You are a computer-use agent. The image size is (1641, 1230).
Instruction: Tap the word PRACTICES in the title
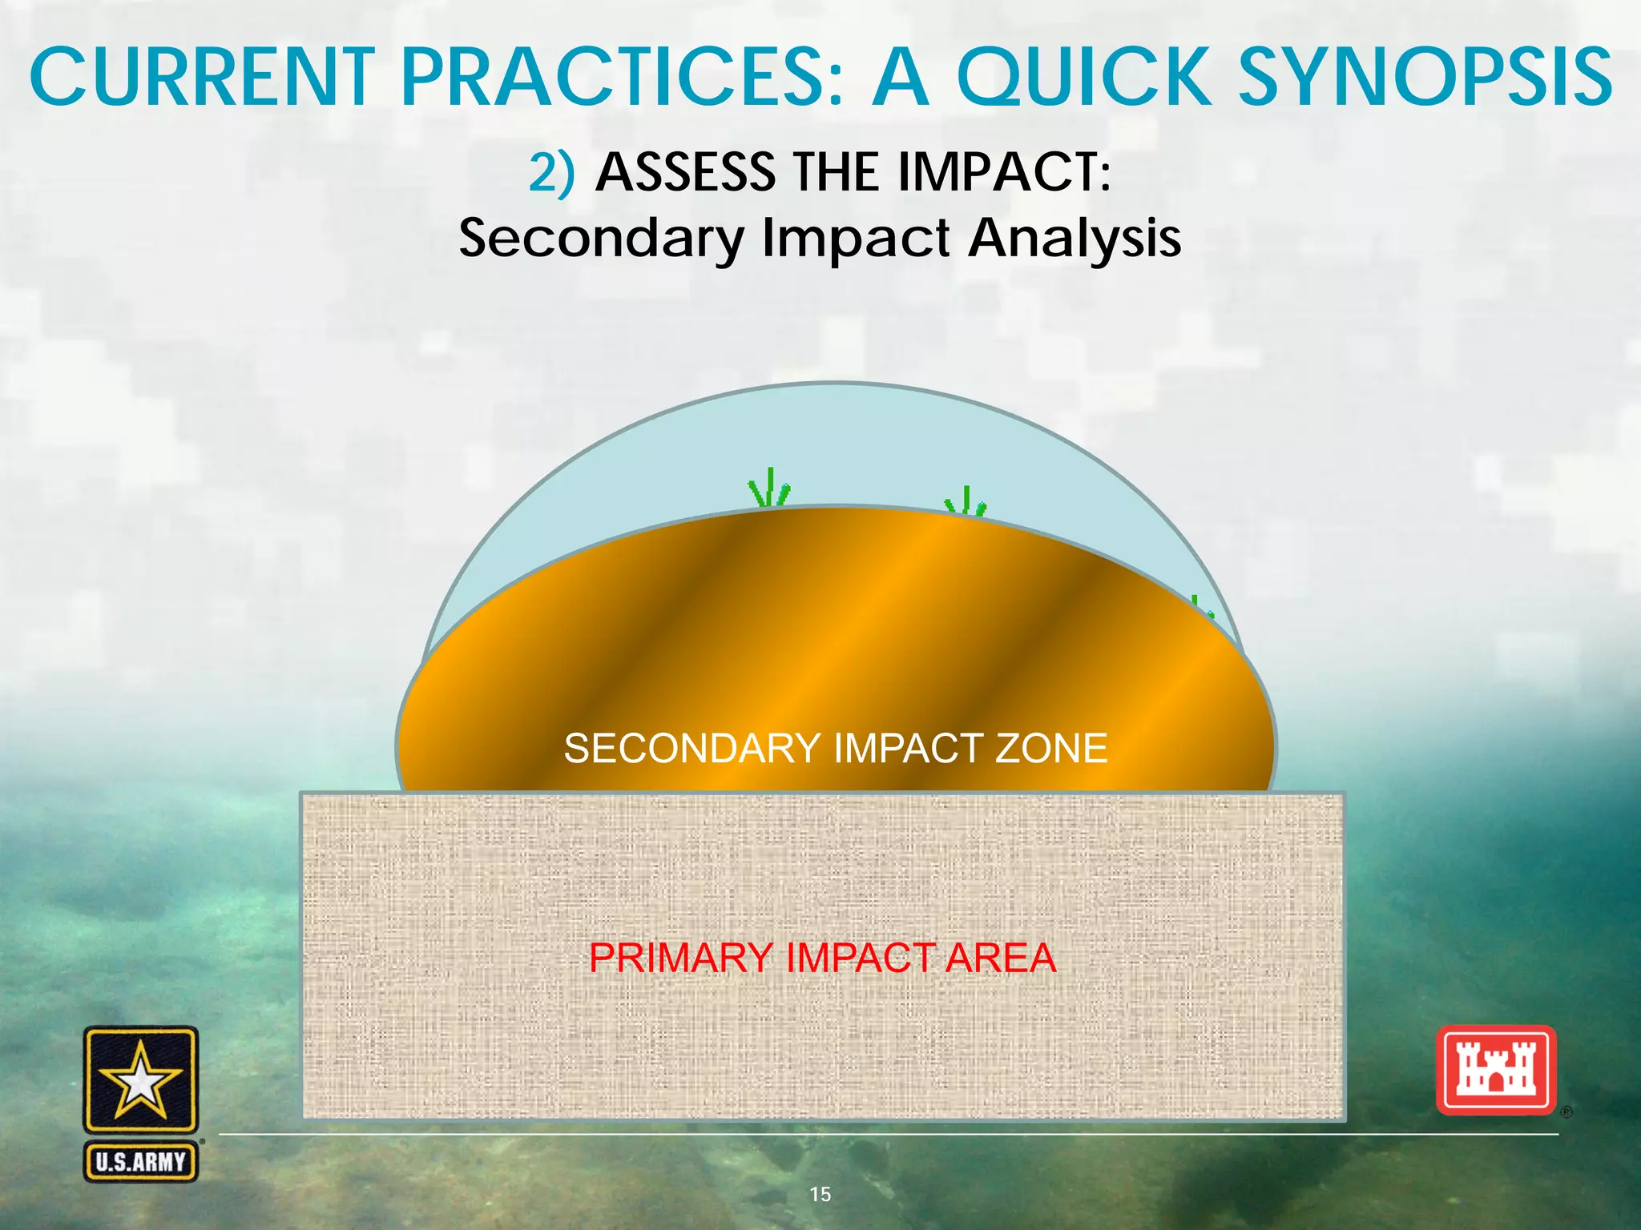622,78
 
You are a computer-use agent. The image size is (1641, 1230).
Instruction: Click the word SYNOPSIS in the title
1426,78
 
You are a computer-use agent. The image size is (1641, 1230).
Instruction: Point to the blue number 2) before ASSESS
552,172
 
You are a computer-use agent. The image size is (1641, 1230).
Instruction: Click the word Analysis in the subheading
1075,239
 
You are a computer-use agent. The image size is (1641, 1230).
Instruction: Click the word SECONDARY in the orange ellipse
691,749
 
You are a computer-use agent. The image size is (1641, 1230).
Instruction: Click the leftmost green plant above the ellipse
768,488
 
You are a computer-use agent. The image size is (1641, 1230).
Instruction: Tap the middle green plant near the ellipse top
966,502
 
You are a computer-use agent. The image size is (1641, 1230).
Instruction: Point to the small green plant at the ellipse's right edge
1200,607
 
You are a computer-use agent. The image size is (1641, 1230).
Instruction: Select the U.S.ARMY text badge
141,1162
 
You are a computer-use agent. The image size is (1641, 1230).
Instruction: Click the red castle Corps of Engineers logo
1495,1071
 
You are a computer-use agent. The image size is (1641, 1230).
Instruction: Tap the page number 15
820,1194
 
